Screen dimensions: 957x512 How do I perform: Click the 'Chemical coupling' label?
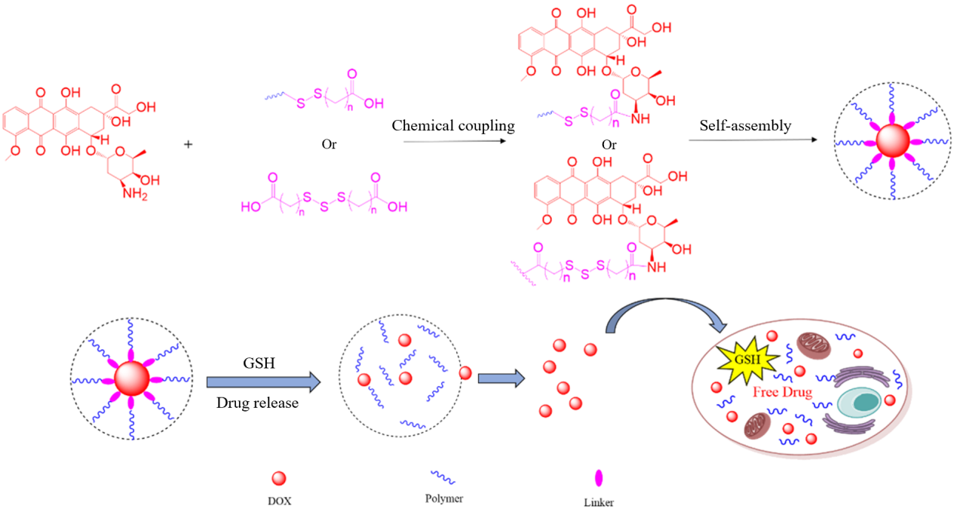click(x=453, y=126)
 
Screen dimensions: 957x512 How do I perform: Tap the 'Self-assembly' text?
click(x=745, y=126)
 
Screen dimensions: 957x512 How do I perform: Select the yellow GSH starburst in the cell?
click(x=747, y=360)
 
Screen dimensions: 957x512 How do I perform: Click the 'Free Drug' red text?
click(x=782, y=392)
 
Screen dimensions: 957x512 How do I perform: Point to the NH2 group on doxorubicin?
click(x=135, y=195)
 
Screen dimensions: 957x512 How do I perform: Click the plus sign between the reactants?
click(x=188, y=144)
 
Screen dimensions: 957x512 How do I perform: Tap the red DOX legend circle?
click(x=279, y=478)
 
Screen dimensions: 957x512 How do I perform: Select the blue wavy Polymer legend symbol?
click(x=443, y=477)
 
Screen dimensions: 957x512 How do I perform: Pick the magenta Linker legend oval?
click(x=599, y=478)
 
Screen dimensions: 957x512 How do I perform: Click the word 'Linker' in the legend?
click(x=599, y=503)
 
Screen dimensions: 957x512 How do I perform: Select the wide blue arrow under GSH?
click(x=263, y=382)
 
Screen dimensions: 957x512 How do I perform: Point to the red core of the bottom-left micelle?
click(x=132, y=379)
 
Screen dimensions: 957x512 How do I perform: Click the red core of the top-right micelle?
click(x=893, y=140)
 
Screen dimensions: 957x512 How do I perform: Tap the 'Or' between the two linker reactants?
click(x=329, y=144)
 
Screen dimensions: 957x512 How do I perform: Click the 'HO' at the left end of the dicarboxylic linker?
click(x=251, y=207)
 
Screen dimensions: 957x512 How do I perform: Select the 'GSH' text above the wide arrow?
click(x=259, y=363)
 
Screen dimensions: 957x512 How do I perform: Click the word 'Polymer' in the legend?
click(x=444, y=498)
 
